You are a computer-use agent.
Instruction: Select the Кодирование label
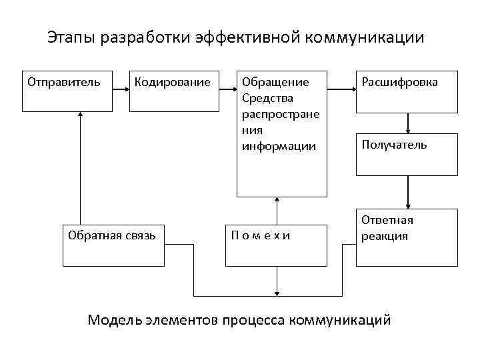(172, 83)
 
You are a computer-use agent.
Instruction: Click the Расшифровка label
(399, 83)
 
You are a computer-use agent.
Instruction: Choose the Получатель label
(394, 145)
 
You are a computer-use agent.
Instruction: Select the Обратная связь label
(112, 235)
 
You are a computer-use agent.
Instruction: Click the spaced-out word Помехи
(261, 235)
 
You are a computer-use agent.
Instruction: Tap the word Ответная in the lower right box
(387, 220)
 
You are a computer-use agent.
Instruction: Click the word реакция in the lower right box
(385, 236)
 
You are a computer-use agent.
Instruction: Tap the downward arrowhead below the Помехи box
(277, 291)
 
